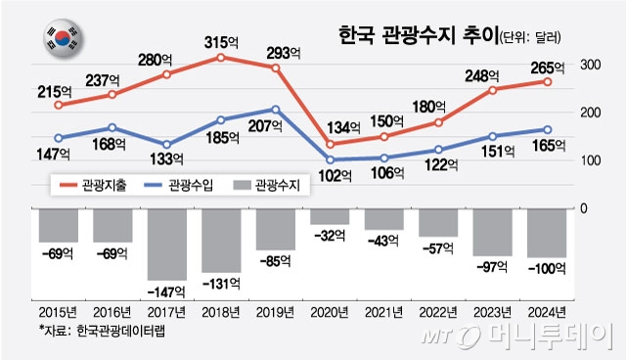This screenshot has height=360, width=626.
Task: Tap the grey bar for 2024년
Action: (x=547, y=233)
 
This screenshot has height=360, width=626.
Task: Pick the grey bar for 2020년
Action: (x=330, y=217)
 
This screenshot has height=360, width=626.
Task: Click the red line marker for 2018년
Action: (x=221, y=58)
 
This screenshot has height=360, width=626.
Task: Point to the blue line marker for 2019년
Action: (x=276, y=110)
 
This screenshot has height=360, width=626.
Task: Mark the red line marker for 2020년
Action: (x=330, y=144)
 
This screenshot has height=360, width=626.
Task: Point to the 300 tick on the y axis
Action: (x=590, y=65)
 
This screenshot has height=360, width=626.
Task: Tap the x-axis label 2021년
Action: (x=384, y=313)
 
